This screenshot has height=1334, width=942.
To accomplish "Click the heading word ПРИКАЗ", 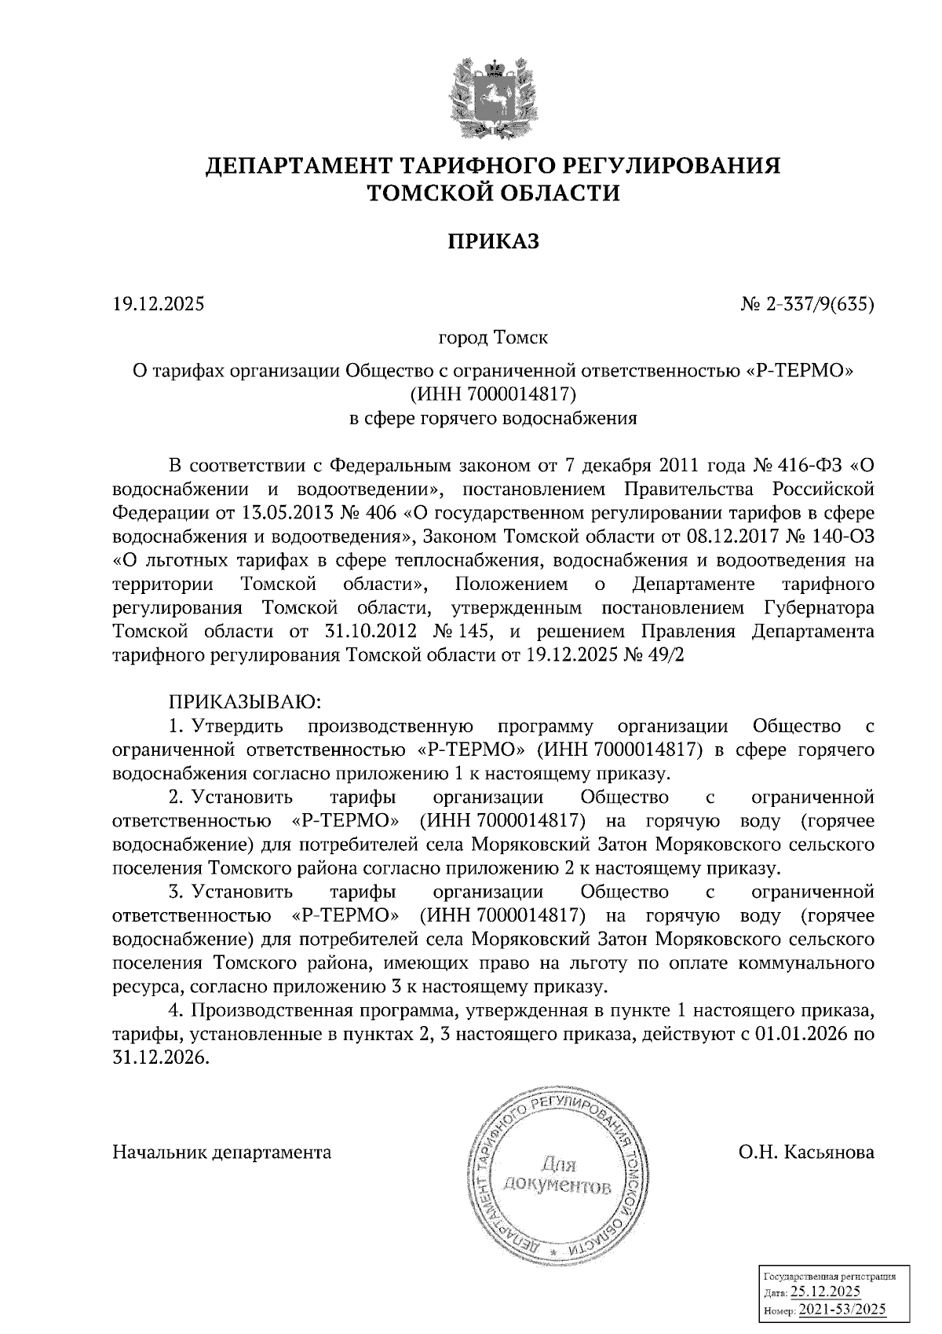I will pos(494,241).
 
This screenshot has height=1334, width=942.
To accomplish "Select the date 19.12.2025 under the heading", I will pos(159,303).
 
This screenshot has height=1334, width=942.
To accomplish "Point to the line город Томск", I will pos(493,338).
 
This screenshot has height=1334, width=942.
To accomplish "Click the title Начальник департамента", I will pos(222,1153).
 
